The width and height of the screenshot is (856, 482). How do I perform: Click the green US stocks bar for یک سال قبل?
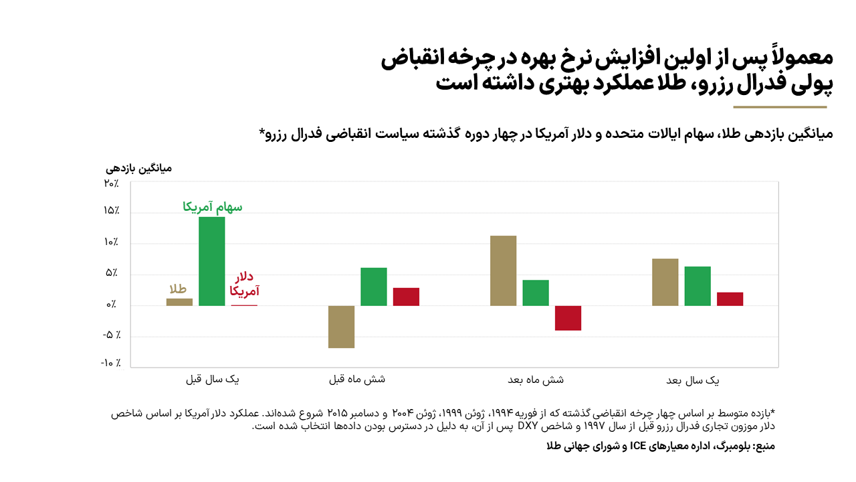(x=211, y=261)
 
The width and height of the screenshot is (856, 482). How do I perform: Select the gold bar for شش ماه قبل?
(x=341, y=327)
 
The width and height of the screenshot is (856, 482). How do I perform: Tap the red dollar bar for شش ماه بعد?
(x=568, y=318)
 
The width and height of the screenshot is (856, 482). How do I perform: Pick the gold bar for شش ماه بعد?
(x=503, y=270)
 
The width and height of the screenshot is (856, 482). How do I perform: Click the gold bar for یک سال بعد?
(x=665, y=282)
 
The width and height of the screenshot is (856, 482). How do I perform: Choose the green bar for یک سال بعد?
(x=698, y=286)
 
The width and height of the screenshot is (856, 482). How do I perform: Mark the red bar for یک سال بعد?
(x=730, y=299)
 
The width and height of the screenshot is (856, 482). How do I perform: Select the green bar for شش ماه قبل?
(x=374, y=287)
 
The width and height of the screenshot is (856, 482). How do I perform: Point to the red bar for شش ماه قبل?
(x=406, y=297)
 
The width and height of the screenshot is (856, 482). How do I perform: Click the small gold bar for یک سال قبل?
(x=179, y=302)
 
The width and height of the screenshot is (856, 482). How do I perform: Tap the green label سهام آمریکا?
(x=213, y=208)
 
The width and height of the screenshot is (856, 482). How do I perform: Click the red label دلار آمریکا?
(x=244, y=284)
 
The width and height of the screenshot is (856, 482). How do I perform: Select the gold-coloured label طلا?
(x=177, y=289)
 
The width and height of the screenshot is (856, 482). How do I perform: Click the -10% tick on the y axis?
(x=110, y=364)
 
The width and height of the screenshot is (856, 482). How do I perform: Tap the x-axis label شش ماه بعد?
(x=535, y=380)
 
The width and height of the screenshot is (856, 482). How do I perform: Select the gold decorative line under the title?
(x=780, y=107)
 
